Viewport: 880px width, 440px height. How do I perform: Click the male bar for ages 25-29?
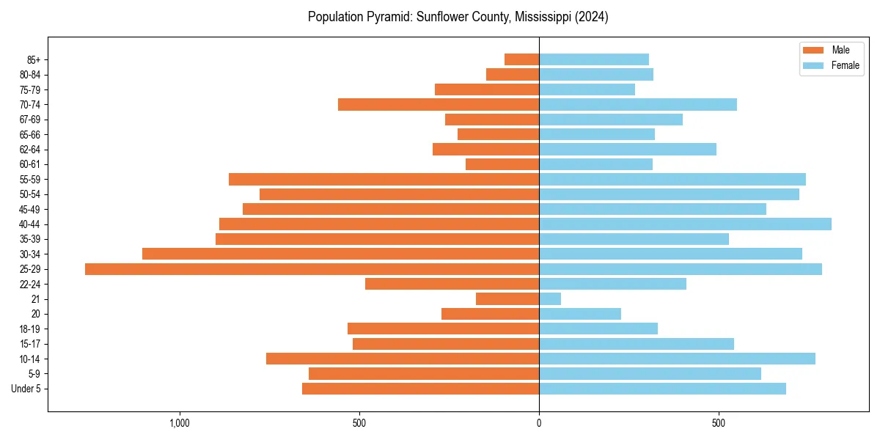pos(312,269)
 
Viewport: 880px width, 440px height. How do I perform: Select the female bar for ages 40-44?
pos(685,224)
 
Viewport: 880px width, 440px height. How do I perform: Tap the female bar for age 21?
pos(550,299)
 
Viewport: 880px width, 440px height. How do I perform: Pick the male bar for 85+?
pos(521,59)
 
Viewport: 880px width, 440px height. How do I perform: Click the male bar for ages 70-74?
pos(439,105)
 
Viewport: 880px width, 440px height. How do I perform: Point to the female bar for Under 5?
pos(662,389)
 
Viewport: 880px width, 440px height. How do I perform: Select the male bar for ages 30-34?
pos(340,254)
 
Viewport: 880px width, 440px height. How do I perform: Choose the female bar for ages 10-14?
pos(677,359)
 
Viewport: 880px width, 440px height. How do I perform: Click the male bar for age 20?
pos(490,314)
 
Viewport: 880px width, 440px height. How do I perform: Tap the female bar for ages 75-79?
pos(587,89)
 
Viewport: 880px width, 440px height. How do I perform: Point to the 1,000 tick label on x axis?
pos(180,423)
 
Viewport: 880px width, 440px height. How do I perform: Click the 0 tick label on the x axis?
pos(539,423)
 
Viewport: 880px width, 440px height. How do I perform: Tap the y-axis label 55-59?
pos(29,180)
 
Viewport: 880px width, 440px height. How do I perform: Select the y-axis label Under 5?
pos(26,389)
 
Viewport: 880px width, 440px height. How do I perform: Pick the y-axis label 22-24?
pos(29,284)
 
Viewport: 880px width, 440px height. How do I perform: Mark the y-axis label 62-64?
pos(29,150)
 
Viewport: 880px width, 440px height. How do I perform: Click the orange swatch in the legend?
pos(813,50)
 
